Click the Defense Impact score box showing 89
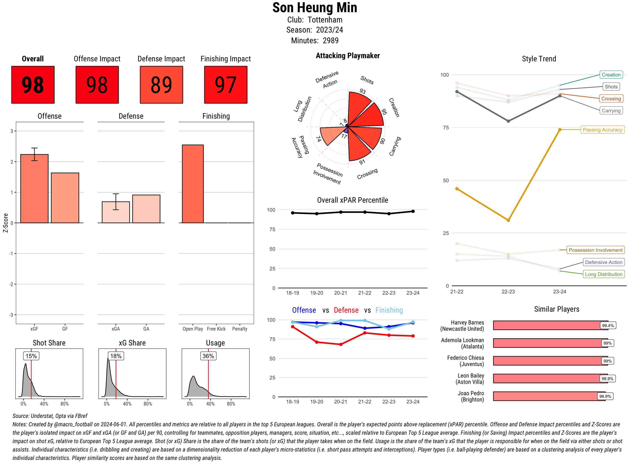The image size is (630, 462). (161, 85)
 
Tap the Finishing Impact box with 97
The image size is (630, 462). (226, 85)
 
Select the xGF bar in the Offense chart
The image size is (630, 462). (34, 189)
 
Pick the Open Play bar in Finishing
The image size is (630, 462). (193, 184)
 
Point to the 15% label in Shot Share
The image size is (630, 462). (31, 356)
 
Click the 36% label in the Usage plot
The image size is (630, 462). (208, 356)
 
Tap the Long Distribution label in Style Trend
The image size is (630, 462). (604, 274)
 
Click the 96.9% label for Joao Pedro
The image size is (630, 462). (605, 396)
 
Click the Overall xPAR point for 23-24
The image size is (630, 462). (413, 211)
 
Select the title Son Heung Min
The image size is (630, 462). (315, 8)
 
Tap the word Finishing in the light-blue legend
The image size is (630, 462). (389, 310)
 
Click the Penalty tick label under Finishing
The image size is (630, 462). (240, 329)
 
